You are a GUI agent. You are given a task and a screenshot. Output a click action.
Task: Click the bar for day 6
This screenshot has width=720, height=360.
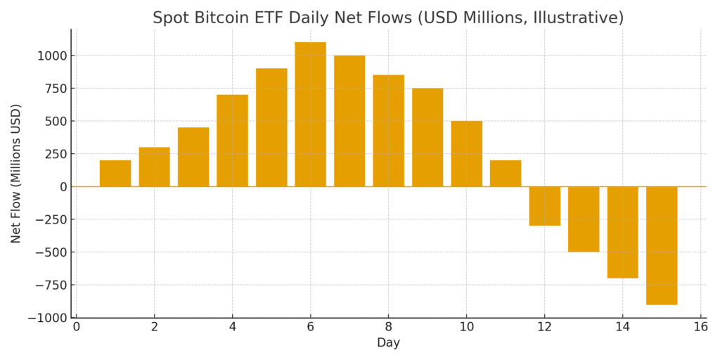(x=310, y=114)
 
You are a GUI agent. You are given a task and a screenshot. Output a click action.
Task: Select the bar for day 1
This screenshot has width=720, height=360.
(x=115, y=173)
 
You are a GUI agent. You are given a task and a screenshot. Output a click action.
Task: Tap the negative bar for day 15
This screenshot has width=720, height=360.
(x=662, y=245)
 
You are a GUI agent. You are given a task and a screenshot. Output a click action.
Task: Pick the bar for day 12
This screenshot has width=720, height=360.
(x=545, y=206)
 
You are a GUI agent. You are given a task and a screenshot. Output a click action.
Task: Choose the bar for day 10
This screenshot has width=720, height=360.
(x=467, y=153)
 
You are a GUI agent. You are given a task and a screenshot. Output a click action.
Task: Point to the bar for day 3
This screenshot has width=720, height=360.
(x=193, y=157)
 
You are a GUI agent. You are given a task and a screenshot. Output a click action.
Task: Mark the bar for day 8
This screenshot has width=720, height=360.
(x=389, y=130)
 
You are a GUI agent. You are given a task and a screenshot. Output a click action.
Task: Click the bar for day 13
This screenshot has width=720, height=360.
(x=584, y=219)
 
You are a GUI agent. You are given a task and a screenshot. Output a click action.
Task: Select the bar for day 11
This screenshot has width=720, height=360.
(x=506, y=173)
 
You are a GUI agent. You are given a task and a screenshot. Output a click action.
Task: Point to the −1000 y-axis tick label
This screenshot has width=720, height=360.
(x=47, y=318)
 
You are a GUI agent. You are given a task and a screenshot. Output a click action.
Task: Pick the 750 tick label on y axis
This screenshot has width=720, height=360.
(x=55, y=89)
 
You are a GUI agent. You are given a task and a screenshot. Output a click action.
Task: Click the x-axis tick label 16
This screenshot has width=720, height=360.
(x=700, y=327)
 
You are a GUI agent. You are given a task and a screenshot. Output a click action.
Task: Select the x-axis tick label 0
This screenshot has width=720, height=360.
(x=77, y=327)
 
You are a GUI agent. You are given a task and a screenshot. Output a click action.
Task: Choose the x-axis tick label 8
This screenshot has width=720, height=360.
(x=389, y=327)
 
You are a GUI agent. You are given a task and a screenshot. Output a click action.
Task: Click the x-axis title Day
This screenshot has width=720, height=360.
(x=388, y=343)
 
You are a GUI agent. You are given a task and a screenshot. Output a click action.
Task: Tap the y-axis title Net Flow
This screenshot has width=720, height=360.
(x=16, y=173)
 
